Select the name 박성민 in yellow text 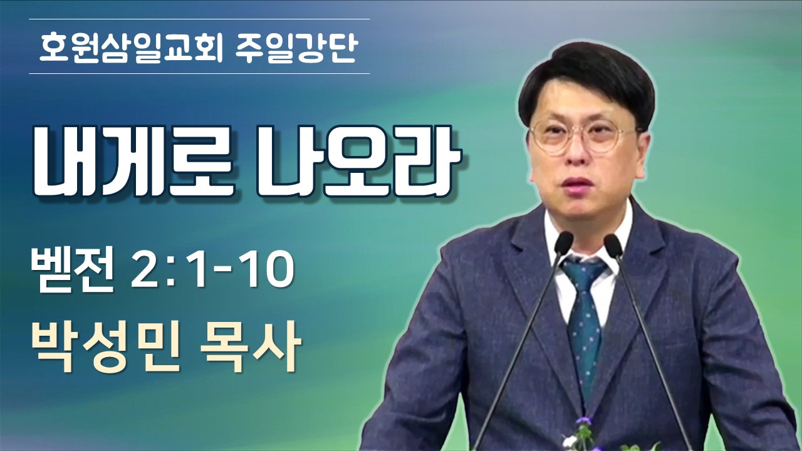coord(107,346)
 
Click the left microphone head coord(563,242)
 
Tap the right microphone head coord(613,244)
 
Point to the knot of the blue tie coord(582,274)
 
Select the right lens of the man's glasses coord(608,137)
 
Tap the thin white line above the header coord(199,19)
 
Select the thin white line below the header coord(199,74)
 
